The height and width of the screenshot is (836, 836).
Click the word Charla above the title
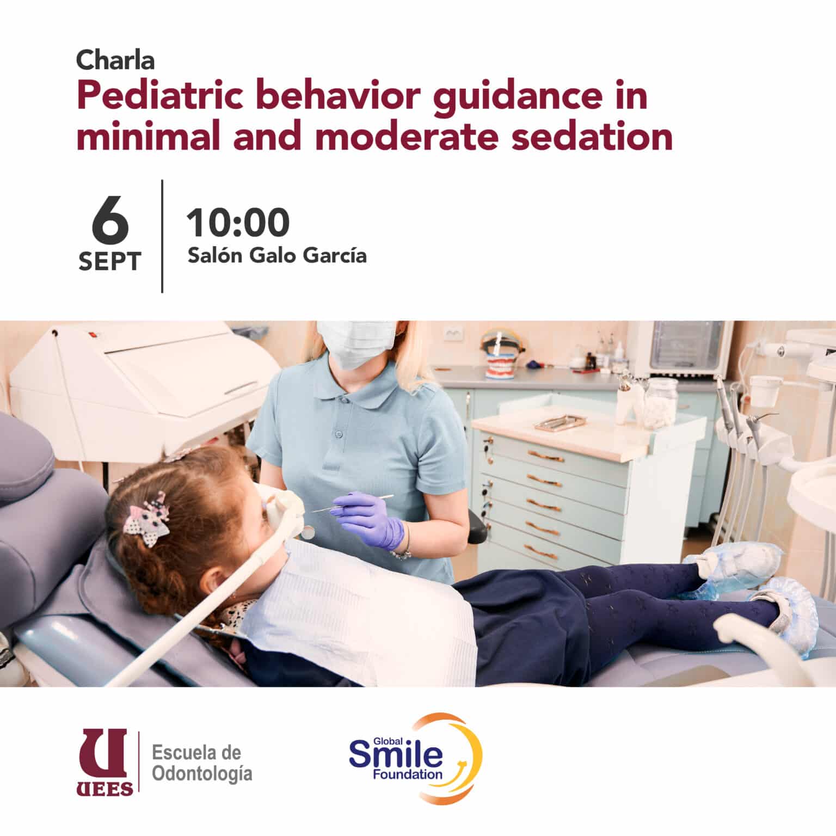(x=115, y=60)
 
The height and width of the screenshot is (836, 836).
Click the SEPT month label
(x=110, y=262)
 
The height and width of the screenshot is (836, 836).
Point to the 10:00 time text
(x=238, y=223)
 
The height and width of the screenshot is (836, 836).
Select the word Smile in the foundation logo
(x=396, y=755)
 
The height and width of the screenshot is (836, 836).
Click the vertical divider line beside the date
(x=162, y=236)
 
